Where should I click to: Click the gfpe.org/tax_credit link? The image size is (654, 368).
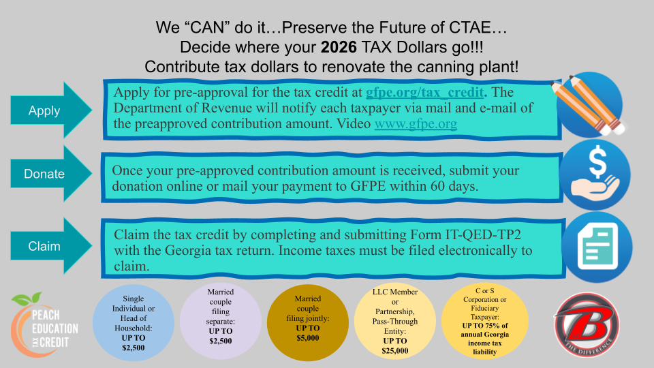(x=425, y=92)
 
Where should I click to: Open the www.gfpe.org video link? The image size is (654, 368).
(x=416, y=125)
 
